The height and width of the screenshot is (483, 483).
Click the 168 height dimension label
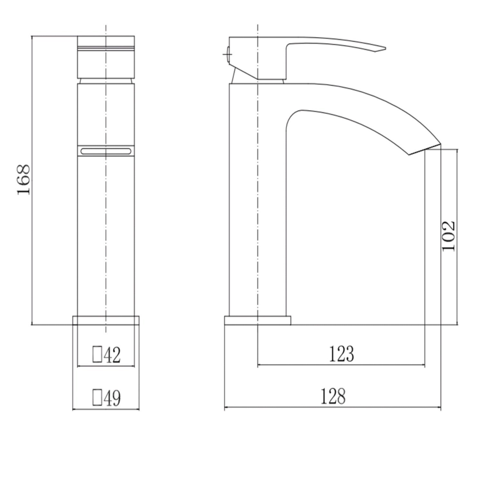click(24, 179)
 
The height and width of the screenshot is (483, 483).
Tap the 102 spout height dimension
click(448, 236)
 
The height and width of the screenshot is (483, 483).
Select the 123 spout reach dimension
click(341, 354)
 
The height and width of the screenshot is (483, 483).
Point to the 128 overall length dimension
click(333, 396)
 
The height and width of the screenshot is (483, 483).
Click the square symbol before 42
click(97, 354)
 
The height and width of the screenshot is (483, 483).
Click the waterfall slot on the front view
click(106, 151)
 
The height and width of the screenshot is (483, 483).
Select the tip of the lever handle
click(385, 49)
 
